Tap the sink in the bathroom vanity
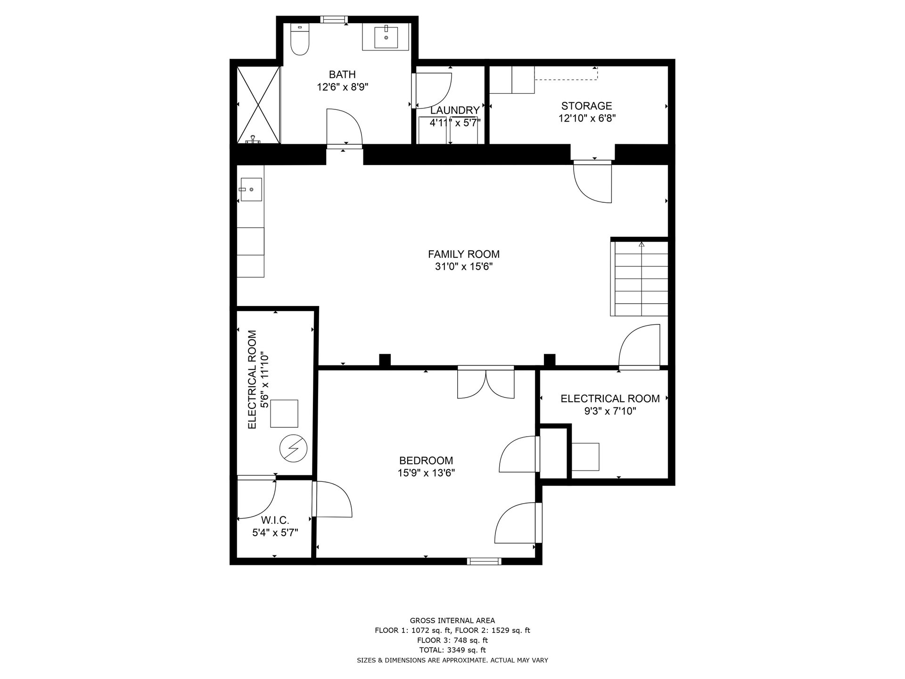[386, 37]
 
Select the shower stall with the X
[258, 105]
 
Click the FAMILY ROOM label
[464, 254]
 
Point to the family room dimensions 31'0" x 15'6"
[464, 267]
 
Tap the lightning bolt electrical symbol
[293, 447]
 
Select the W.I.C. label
[275, 520]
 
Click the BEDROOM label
[426, 461]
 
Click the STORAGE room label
[586, 106]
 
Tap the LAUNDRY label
[455, 110]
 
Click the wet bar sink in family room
[251, 189]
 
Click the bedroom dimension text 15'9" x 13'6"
[426, 473]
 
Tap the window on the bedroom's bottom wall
[484, 561]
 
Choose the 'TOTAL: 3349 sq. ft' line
[452, 650]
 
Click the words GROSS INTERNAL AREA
[452, 621]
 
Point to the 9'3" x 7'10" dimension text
[610, 411]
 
